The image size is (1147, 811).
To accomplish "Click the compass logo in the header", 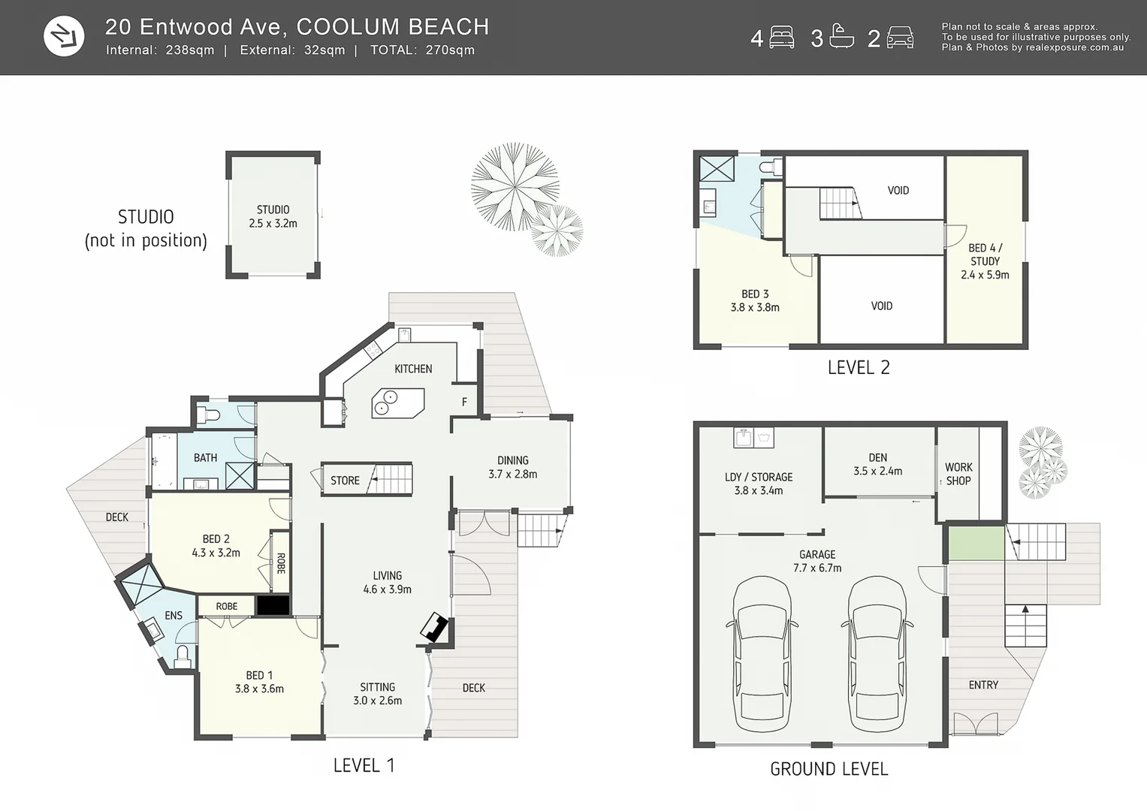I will pyautogui.click(x=64, y=36).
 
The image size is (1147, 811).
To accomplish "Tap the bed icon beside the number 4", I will pyautogui.click(x=781, y=38).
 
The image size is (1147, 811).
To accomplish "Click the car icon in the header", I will pyautogui.click(x=900, y=38).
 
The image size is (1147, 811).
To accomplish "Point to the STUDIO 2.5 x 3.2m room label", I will pyautogui.click(x=273, y=216).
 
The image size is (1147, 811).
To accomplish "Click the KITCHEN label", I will pyautogui.click(x=413, y=369).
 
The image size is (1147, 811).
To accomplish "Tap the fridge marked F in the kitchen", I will pyautogui.click(x=464, y=402).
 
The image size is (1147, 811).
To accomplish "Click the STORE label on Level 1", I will pyautogui.click(x=345, y=481).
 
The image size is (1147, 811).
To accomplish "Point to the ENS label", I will pyautogui.click(x=174, y=615).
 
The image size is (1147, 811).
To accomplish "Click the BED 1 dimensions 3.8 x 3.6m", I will pyautogui.click(x=259, y=689).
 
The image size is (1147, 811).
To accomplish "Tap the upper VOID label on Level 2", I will pyautogui.click(x=898, y=191).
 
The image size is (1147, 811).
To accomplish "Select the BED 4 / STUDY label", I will pyautogui.click(x=985, y=261).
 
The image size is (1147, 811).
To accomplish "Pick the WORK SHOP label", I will pyautogui.click(x=958, y=474).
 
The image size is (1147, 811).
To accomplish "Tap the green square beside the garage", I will pyautogui.click(x=976, y=543).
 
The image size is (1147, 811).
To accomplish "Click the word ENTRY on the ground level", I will pyautogui.click(x=983, y=685).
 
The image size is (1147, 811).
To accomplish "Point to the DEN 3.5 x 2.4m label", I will pyautogui.click(x=877, y=464).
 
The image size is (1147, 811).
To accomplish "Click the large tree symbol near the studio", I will pyautogui.click(x=515, y=185).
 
